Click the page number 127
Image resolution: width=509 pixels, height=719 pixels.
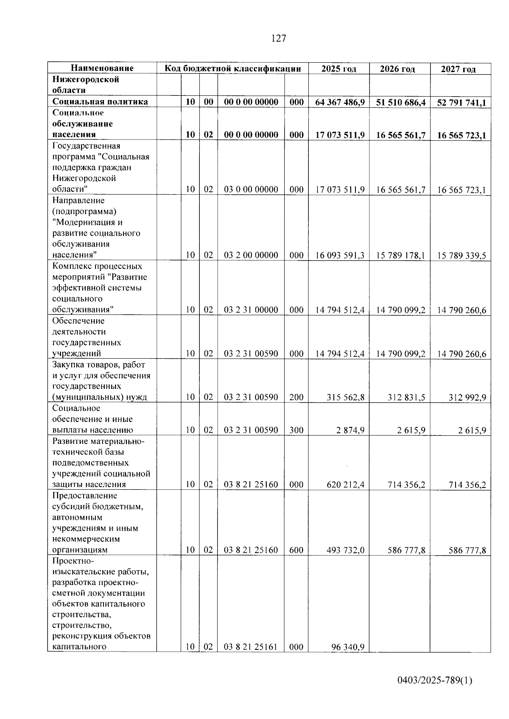click(279, 39)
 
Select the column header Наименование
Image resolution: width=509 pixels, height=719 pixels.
click(102, 68)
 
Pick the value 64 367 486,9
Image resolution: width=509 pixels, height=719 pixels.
click(340, 102)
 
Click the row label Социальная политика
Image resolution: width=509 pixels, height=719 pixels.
click(100, 102)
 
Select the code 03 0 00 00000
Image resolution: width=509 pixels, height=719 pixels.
click(251, 190)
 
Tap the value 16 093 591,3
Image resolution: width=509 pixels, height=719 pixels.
click(340, 255)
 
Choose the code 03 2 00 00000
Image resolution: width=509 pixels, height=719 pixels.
click(251, 255)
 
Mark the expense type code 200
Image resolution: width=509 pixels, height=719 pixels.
click(296, 397)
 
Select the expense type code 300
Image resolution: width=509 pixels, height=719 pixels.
click(296, 430)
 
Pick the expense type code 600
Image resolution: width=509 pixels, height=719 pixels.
click(296, 550)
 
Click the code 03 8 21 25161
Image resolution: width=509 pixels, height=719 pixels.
click(251, 647)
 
